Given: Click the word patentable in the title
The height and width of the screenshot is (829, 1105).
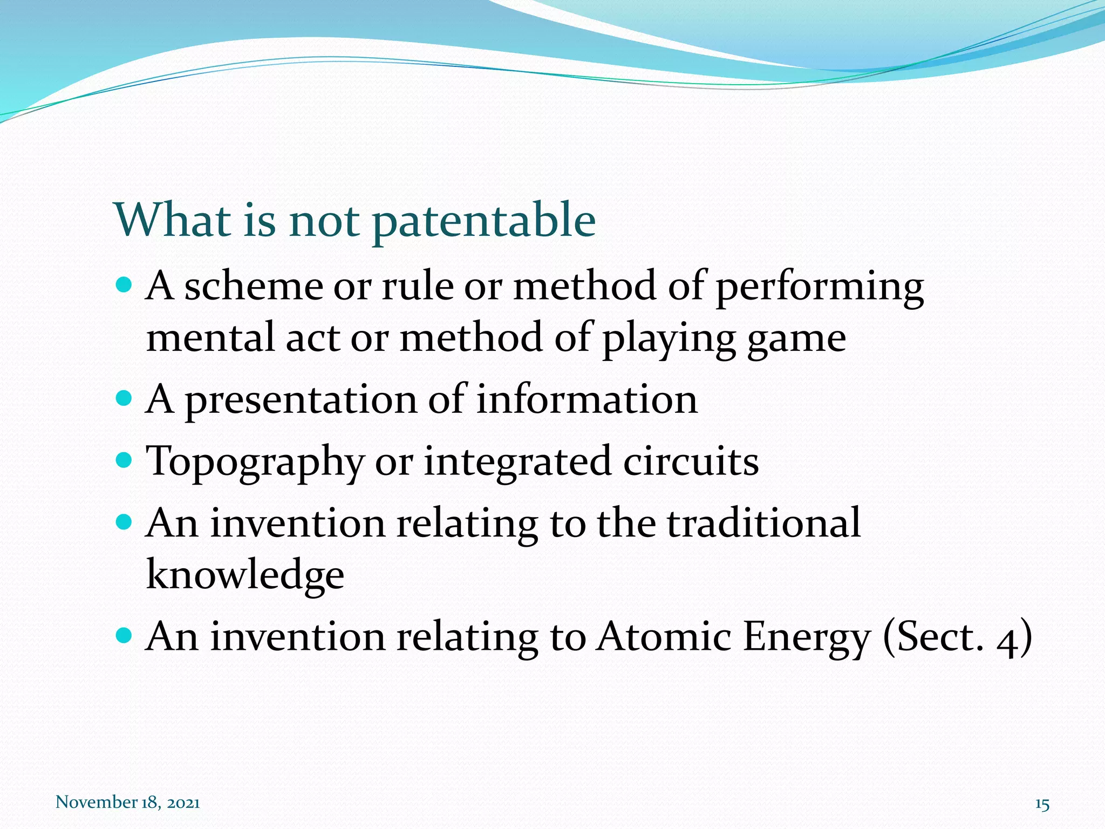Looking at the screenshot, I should pos(484,221).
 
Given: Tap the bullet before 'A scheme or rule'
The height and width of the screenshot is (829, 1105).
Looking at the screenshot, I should pos(124,284).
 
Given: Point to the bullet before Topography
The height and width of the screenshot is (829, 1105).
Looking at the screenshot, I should pos(124,460).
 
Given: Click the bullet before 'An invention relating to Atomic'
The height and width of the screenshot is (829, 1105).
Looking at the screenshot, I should pos(124,635).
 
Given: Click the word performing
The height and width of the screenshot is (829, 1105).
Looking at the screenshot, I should pos(820,287).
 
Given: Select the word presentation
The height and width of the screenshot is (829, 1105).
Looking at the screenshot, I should pos(301,401).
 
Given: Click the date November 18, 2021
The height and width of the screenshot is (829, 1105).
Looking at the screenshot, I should pos(128,802).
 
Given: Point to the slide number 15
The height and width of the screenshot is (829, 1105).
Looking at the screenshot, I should pos(1042,804).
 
